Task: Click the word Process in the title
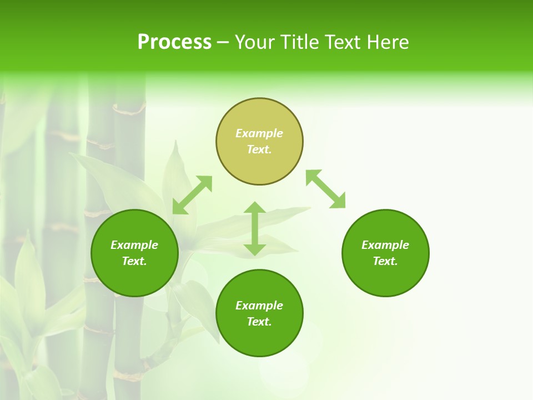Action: (x=174, y=42)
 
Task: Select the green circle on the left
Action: (x=134, y=278)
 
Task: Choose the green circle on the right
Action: (x=385, y=278)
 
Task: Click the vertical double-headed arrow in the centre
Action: (x=255, y=228)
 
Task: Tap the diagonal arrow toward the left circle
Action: (x=192, y=195)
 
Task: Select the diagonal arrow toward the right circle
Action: (x=325, y=189)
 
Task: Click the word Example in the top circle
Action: (x=259, y=133)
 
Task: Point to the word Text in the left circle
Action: (x=134, y=261)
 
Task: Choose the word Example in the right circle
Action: (x=385, y=245)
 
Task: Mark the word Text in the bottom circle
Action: (x=259, y=322)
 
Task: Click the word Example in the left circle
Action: (x=134, y=245)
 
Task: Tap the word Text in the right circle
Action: (x=385, y=261)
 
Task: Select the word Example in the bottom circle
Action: (x=259, y=306)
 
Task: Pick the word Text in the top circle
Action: (x=259, y=149)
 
